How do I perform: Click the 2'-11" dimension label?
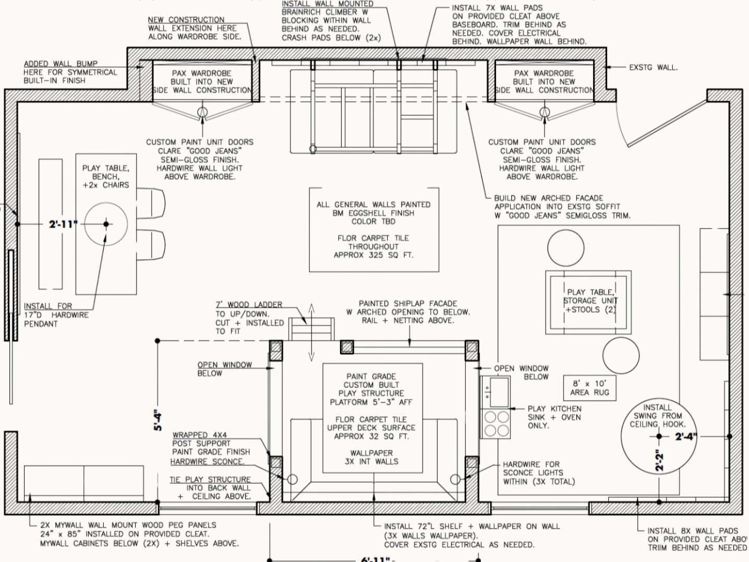click(63, 224)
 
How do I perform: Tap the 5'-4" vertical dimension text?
click(158, 420)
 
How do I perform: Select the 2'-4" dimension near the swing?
click(686, 436)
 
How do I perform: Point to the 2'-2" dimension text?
click(660, 460)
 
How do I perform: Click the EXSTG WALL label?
click(653, 67)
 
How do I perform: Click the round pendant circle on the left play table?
click(106, 224)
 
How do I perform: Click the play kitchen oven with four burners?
click(496, 423)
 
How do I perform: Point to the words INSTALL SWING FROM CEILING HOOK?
click(657, 416)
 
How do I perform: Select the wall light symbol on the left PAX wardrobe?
click(202, 112)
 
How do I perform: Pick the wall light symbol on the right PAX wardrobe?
click(545, 112)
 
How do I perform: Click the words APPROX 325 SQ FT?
click(373, 255)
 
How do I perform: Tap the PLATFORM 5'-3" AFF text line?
click(371, 402)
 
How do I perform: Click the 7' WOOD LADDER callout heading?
click(249, 305)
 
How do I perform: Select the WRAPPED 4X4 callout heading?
click(200, 435)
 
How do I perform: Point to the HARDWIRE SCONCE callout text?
click(207, 462)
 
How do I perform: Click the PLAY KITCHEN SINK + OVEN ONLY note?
click(554, 417)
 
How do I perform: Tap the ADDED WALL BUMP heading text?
click(61, 64)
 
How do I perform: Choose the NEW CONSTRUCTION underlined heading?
click(186, 20)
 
